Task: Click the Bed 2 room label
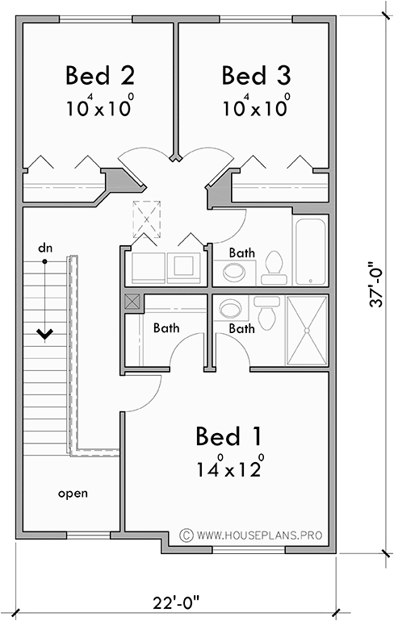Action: pyautogui.click(x=99, y=76)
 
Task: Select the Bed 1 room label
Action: pyautogui.click(x=228, y=436)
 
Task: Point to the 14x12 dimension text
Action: pyautogui.click(x=228, y=469)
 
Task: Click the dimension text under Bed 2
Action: pyautogui.click(x=99, y=108)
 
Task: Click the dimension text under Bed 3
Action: pyautogui.click(x=255, y=108)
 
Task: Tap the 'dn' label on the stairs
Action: pyautogui.click(x=44, y=248)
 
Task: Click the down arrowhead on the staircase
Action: pyautogui.click(x=44, y=332)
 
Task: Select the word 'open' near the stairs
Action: pyautogui.click(x=73, y=493)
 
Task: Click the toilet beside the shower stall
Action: pyautogui.click(x=266, y=307)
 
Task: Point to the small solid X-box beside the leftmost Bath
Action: pyautogui.click(x=132, y=303)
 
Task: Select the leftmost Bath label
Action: pyautogui.click(x=166, y=328)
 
